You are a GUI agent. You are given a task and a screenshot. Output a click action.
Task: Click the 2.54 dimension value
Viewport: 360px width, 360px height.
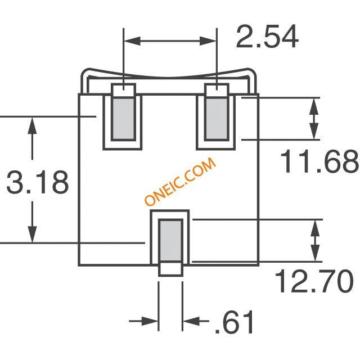point(267,37)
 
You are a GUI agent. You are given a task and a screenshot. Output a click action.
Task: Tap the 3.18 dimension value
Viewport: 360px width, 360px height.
point(38,182)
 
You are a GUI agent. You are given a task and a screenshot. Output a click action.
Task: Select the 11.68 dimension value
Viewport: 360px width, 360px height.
point(319,161)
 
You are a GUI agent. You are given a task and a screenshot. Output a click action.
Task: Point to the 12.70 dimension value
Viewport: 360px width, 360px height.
point(314,281)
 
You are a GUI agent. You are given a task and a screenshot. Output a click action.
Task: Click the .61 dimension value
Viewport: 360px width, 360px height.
point(234,322)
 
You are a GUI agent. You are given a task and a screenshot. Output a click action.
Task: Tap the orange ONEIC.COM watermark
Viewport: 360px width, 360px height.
point(181,181)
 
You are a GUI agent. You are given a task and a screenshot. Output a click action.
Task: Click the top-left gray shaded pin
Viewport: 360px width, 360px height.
point(123,119)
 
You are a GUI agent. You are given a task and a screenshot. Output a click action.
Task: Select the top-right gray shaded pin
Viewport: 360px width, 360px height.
point(217,119)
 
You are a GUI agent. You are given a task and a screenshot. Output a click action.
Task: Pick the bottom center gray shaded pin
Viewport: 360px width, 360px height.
point(170,241)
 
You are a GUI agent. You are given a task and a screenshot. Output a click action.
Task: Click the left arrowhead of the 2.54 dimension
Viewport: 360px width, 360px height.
point(132,41)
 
